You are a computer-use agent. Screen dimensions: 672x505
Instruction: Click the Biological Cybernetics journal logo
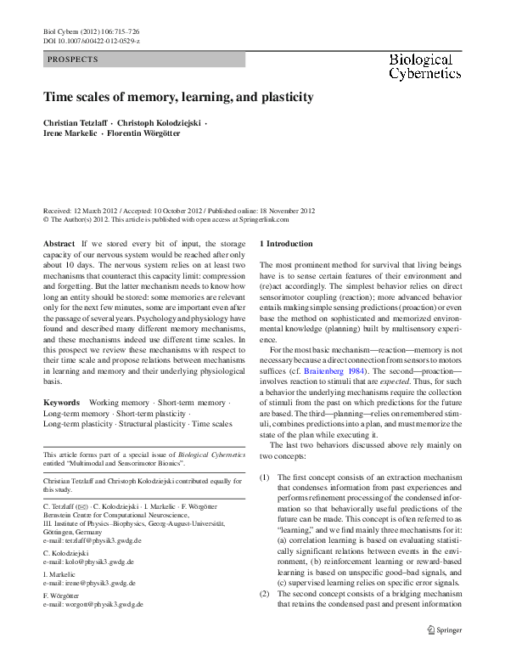click(x=420, y=67)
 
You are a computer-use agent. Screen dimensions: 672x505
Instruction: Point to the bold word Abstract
click(x=59, y=244)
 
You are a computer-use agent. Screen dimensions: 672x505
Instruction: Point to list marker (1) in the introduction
click(x=265, y=478)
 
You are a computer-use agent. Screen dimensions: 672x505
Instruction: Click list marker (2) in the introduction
click(x=265, y=593)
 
